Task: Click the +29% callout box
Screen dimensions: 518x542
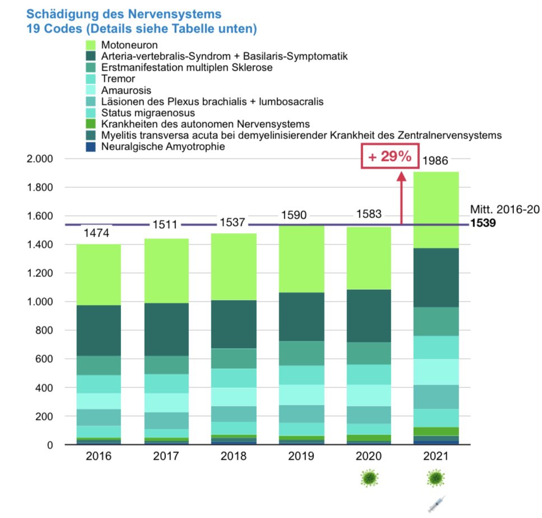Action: point(390,157)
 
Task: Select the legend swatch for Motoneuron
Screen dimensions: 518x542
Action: point(92,45)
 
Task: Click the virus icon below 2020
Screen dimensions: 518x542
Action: point(368,478)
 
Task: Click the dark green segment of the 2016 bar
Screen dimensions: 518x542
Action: point(99,331)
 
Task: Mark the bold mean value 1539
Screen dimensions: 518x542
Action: point(483,223)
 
